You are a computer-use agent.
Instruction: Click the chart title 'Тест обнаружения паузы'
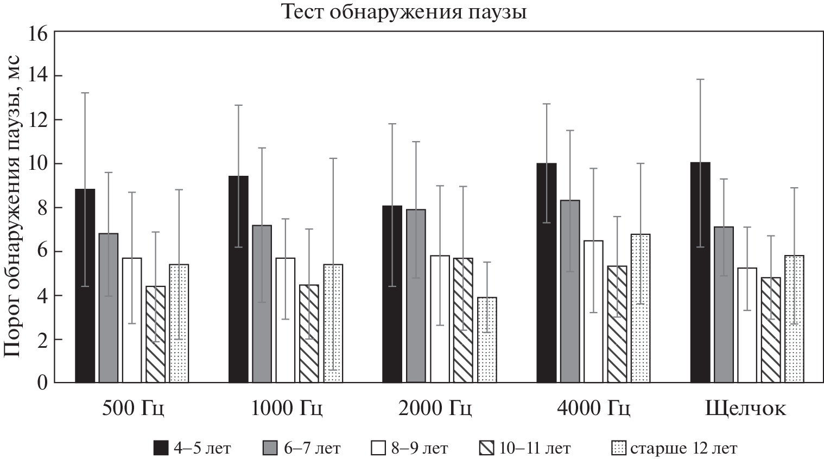(403, 11)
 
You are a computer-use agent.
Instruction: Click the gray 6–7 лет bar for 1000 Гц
(262, 304)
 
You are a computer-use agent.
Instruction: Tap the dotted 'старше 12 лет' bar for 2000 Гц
(487, 340)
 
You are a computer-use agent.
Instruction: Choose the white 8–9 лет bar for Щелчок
(747, 326)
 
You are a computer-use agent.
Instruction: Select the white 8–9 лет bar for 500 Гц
(132, 320)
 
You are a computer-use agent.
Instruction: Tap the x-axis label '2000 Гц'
(435, 408)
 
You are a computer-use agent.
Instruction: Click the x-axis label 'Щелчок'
(746, 408)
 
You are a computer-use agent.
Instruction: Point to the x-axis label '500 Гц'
(133, 408)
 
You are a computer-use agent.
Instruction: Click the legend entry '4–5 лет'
(192, 448)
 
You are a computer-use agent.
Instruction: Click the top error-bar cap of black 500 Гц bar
(85, 93)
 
